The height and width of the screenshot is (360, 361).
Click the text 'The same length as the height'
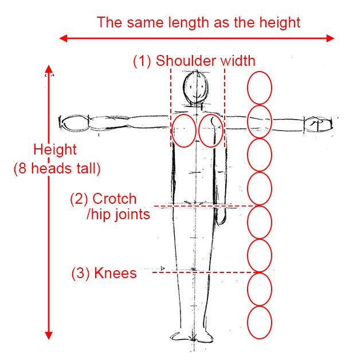(198, 22)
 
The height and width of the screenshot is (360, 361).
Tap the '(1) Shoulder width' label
(194, 60)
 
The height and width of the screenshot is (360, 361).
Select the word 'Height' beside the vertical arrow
(54, 150)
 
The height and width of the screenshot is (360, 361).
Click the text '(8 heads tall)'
(57, 169)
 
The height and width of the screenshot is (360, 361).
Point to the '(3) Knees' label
(104, 273)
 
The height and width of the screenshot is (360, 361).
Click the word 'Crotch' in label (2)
(114, 199)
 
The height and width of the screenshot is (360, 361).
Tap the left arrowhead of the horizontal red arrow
(64, 38)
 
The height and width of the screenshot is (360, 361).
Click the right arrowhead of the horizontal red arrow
(330, 38)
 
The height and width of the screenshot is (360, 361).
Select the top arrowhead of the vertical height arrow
(49, 71)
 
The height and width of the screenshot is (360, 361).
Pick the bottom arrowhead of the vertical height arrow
(49, 335)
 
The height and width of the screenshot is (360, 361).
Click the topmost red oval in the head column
(259, 88)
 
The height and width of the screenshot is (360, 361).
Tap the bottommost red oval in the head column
(259, 322)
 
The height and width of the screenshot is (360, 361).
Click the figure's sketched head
(195, 87)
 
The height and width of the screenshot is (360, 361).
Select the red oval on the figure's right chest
(211, 130)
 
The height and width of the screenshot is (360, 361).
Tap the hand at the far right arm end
(318, 124)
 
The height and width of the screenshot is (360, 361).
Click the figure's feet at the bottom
(195, 335)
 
